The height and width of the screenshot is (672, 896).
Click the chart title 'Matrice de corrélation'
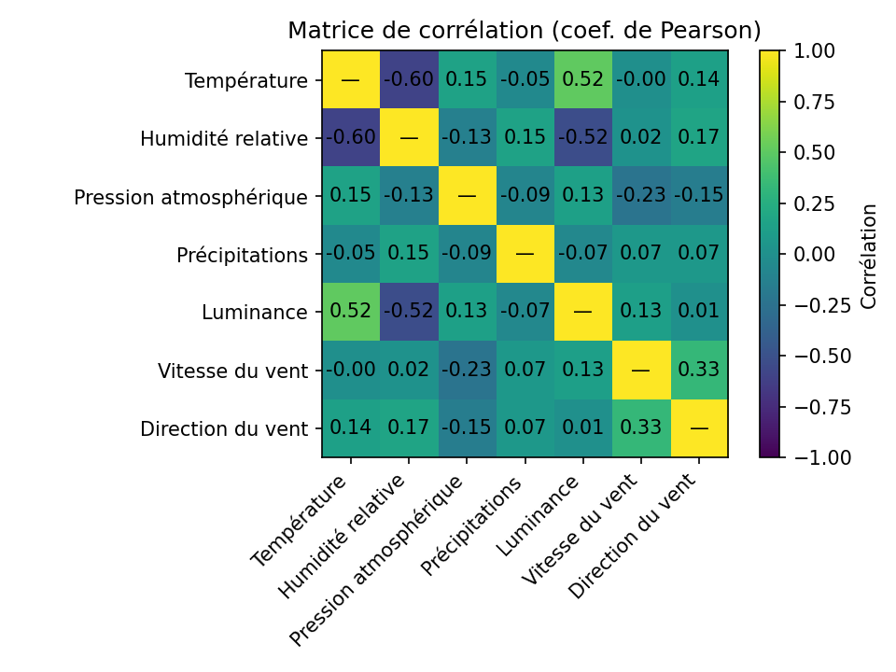tap(524, 31)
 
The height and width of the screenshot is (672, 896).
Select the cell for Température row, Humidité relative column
tap(409, 80)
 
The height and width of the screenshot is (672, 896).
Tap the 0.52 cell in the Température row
tap(582, 80)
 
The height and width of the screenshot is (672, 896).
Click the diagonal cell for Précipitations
tap(525, 254)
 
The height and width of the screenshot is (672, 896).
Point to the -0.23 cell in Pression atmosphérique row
tap(640, 196)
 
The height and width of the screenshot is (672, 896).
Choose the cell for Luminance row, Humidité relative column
tap(409, 313)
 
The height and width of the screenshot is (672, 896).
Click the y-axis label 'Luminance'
tap(255, 313)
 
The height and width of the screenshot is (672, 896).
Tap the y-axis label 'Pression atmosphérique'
tap(191, 197)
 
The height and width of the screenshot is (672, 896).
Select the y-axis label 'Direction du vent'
tap(224, 429)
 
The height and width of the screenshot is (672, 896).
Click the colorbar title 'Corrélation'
tap(869, 255)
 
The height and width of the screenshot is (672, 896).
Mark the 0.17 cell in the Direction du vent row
tap(409, 428)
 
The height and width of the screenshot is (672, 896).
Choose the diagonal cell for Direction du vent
tap(699, 428)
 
